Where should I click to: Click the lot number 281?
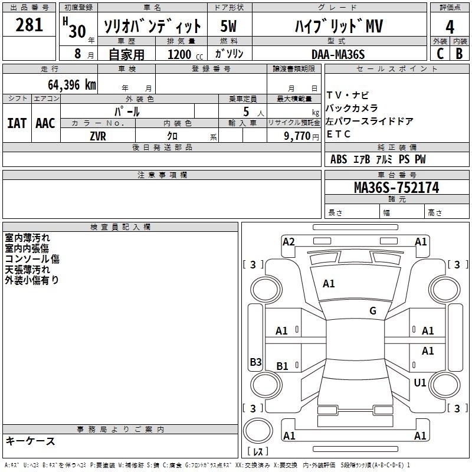pyautogui.click(x=29, y=25)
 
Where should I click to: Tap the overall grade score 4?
pyautogui.click(x=450, y=27)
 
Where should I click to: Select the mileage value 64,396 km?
pyautogui.click(x=72, y=85)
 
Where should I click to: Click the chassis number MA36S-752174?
pyautogui.click(x=396, y=188)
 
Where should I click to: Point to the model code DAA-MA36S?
pyautogui.click(x=338, y=54)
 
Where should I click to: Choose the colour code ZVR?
pyautogui.click(x=98, y=136)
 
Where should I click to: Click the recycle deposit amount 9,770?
pyautogui.click(x=297, y=136)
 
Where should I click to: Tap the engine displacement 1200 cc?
pyautogui.click(x=185, y=54)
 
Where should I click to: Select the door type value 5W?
pyautogui.click(x=228, y=26)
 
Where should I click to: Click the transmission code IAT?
pyautogui.click(x=17, y=123)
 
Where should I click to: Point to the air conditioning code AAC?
pyautogui.click(x=45, y=123)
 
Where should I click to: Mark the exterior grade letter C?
pyautogui.click(x=440, y=54)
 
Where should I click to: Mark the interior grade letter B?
pyautogui.click(x=459, y=54)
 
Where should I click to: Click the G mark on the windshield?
pyautogui.click(x=373, y=311)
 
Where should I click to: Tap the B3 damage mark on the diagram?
pyautogui.click(x=255, y=362)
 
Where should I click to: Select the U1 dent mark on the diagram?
pyautogui.click(x=420, y=382)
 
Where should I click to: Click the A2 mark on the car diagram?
pyautogui.click(x=289, y=242)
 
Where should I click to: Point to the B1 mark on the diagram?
pyautogui.click(x=282, y=366)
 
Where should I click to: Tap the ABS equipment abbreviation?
pyautogui.click(x=339, y=159)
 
